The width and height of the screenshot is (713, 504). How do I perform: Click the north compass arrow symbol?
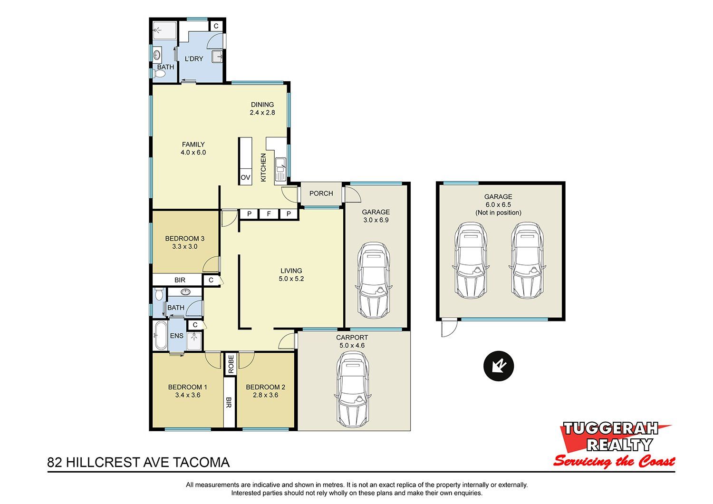499,366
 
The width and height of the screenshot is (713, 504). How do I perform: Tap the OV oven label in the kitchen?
245,177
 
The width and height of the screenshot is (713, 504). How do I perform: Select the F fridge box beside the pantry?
269,213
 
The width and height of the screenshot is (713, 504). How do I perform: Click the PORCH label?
321,193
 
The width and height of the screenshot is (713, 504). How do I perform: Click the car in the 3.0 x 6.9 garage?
374,280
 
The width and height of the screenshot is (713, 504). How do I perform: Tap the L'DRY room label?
194,58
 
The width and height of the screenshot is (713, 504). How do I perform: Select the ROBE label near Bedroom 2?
231,364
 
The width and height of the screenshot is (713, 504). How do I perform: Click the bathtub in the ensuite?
160,335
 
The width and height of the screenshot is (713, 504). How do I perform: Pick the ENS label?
177,336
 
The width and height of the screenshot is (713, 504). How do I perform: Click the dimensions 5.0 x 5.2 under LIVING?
291,279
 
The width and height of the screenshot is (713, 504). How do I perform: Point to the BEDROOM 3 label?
184,239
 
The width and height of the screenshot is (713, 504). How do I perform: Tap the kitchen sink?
280,170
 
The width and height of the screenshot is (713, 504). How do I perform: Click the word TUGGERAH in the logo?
610,428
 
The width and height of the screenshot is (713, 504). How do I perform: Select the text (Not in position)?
498,213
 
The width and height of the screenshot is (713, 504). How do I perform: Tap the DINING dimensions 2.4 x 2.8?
262,112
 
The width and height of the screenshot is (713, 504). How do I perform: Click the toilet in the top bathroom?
159,74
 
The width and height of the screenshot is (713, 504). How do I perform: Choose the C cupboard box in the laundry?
216,26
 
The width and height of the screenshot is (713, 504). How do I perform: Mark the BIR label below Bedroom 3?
180,280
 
